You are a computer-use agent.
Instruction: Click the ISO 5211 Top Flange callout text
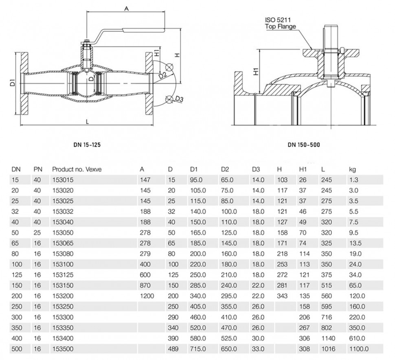click(x=280, y=23)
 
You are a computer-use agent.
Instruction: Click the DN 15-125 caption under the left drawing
click(x=87, y=145)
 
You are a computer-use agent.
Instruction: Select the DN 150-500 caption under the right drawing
click(x=304, y=145)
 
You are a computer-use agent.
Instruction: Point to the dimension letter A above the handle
click(x=127, y=9)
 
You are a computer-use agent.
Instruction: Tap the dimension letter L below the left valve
click(x=88, y=122)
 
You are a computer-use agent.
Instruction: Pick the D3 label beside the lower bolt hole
click(x=179, y=99)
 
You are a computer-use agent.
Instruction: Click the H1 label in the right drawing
click(x=256, y=71)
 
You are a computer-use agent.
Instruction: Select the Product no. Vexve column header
click(x=77, y=169)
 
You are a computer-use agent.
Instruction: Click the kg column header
click(x=352, y=169)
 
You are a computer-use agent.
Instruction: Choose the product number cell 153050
click(x=63, y=233)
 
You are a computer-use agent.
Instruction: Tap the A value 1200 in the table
click(x=147, y=296)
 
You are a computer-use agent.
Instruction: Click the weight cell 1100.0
click(x=359, y=349)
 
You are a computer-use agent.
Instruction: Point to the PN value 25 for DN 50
click(x=37, y=233)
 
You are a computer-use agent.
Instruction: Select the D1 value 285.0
click(x=198, y=285)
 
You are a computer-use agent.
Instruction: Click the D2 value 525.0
click(x=229, y=338)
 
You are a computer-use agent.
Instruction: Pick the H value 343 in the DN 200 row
click(x=282, y=296)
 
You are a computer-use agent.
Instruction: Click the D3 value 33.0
click(x=258, y=349)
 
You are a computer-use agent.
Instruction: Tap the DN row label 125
click(x=17, y=275)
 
